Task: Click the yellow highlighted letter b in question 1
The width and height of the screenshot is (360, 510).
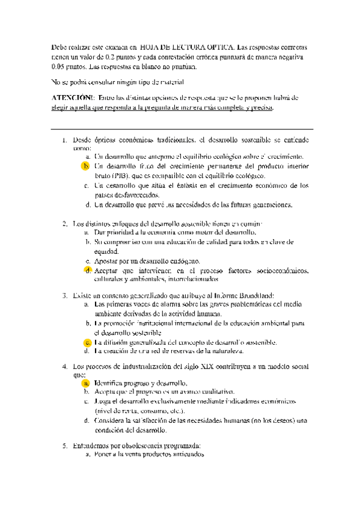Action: point(86,165)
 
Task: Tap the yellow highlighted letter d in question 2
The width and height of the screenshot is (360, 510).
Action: point(87,270)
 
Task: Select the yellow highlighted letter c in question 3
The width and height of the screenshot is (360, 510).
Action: point(87,342)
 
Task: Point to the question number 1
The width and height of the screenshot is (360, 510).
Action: point(64,140)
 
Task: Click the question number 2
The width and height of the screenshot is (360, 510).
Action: point(64,224)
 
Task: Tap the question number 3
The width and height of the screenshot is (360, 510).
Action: point(64,295)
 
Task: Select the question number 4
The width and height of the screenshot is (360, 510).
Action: point(64,366)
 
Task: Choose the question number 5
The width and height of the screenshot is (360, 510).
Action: point(64,446)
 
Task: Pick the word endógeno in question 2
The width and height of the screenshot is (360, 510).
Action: point(181,262)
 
